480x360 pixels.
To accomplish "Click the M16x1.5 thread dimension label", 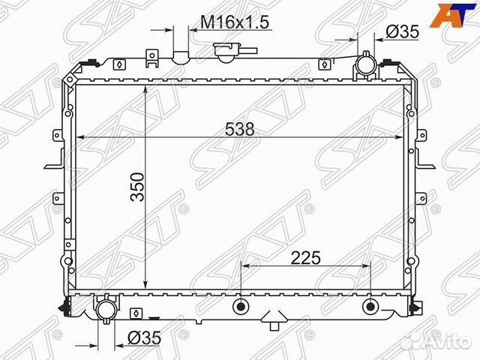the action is tap(235, 22).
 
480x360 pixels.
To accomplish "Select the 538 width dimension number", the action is tap(239, 129).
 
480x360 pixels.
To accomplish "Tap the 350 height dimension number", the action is tap(137, 187).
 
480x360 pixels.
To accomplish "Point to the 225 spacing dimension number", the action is tap(305, 258).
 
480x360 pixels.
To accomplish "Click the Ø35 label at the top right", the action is tap(402, 31).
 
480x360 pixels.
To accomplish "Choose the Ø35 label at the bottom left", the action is tap(144, 338).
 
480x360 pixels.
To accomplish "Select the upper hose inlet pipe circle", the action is tap(365, 65).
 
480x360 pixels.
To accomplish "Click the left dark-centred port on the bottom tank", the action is tap(241, 306).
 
